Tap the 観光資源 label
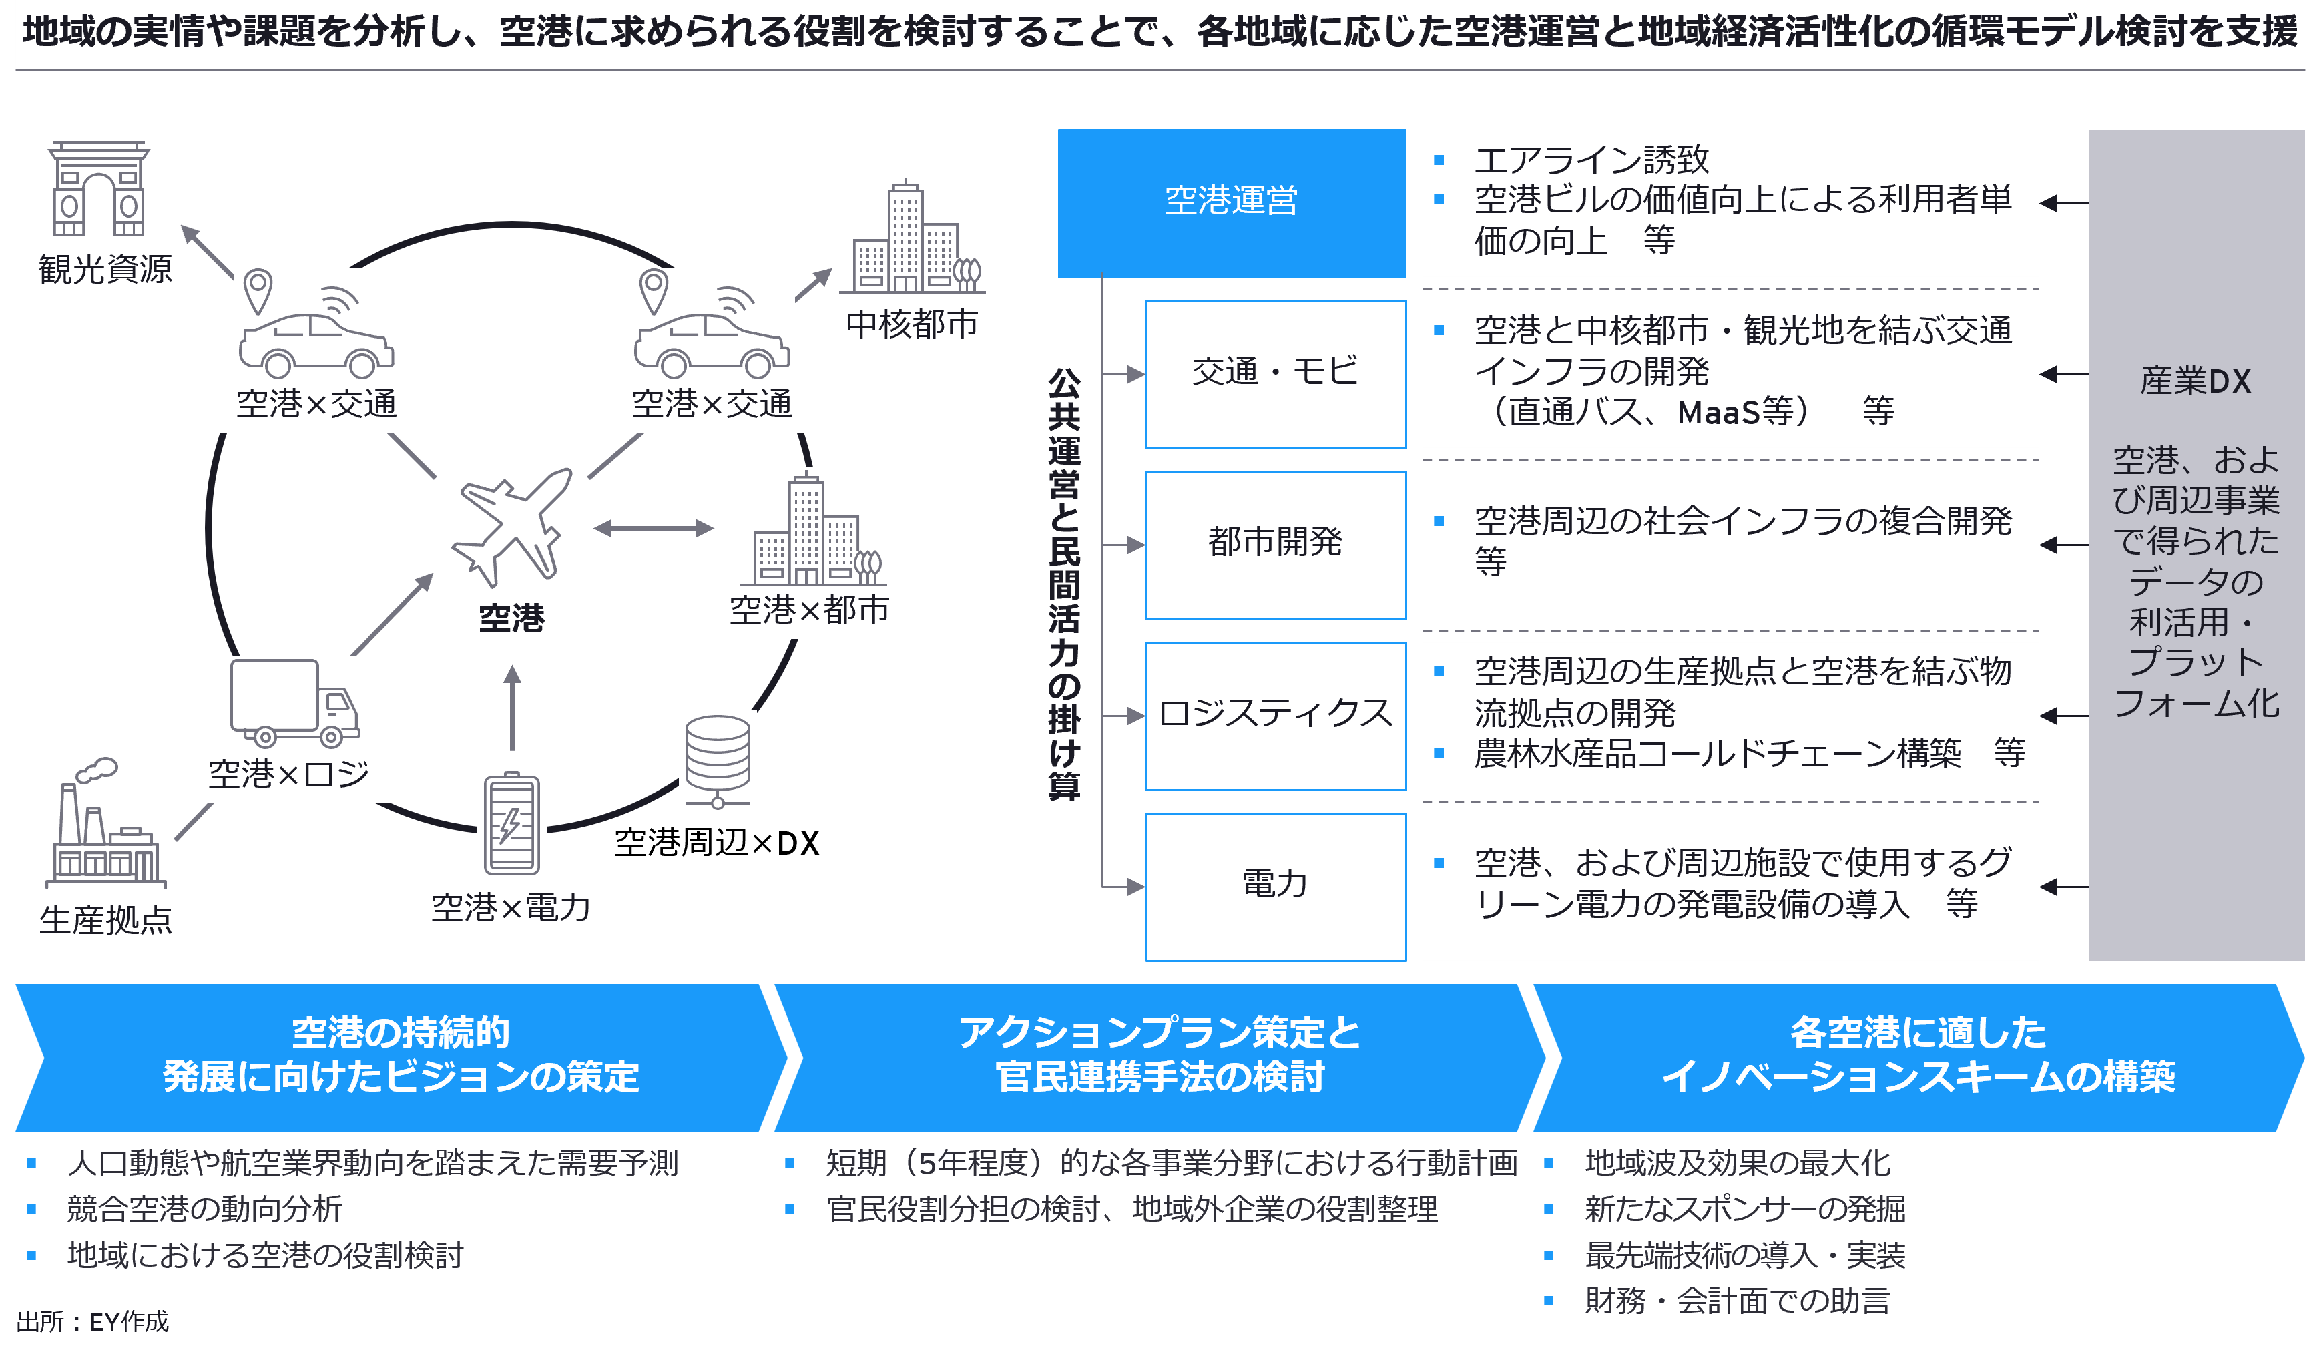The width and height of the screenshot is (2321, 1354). [105, 270]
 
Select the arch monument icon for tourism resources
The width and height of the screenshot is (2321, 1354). [99, 189]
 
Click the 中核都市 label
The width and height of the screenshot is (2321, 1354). [911, 325]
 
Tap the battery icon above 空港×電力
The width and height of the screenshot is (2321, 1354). [511, 823]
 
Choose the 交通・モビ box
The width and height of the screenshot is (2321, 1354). [1275, 373]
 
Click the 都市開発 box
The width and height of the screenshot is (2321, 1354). [1275, 543]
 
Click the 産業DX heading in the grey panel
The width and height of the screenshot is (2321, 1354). [2195, 381]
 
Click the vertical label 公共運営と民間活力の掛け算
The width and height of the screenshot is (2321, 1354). [1064, 584]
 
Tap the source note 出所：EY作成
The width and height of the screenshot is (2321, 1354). [93, 1323]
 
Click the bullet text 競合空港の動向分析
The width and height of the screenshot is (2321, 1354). [204, 1209]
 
